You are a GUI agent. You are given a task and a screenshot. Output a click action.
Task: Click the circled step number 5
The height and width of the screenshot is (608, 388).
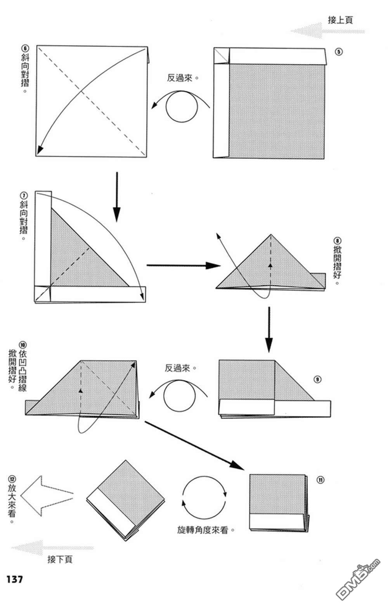tap(339, 52)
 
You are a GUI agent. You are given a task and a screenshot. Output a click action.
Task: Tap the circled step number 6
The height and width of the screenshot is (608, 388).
tap(25, 49)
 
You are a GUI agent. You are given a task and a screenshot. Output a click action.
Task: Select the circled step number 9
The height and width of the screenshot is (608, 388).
tap(318, 379)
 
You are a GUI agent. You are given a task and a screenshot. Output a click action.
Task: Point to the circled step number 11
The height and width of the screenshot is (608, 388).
tap(320, 480)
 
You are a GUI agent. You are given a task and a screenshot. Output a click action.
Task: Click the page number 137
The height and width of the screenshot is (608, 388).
tap(15, 579)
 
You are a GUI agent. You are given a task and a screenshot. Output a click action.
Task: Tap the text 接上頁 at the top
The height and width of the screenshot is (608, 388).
tap(340, 20)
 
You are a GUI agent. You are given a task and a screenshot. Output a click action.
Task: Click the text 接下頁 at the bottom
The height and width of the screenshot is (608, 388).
tap(60, 559)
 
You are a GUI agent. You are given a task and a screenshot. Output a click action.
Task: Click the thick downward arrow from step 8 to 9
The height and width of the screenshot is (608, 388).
tap(268, 330)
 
